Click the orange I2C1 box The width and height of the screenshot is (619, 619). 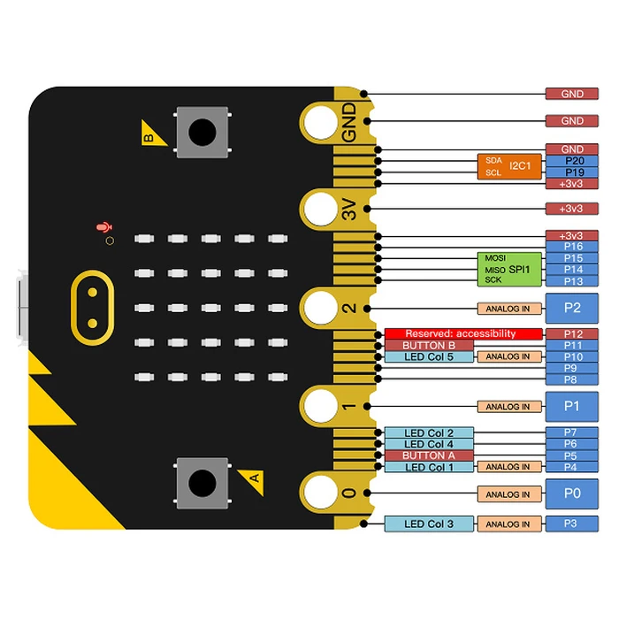click(509, 166)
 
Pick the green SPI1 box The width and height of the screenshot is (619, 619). click(509, 268)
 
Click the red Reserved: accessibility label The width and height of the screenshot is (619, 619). click(462, 333)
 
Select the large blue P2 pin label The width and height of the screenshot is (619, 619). click(572, 308)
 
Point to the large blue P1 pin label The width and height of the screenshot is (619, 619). click(572, 407)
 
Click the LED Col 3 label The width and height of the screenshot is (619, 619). click(429, 523)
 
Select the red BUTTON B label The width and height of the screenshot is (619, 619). click(429, 345)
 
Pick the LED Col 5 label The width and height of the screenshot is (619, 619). click(429, 356)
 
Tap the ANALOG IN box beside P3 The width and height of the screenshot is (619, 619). click(508, 523)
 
